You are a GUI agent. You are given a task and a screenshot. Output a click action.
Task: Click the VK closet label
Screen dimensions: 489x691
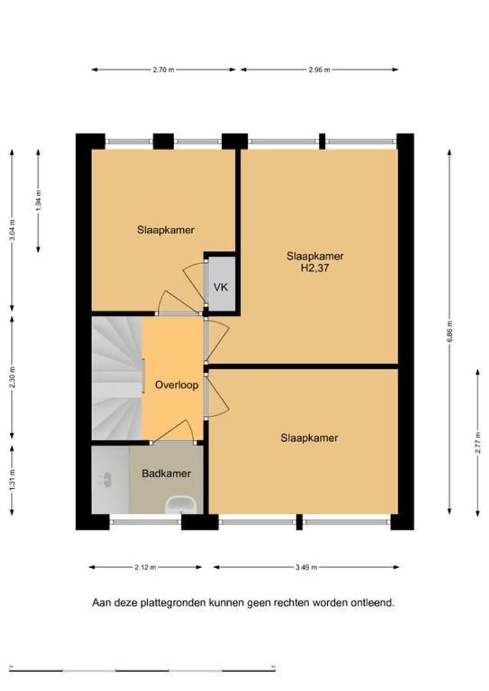[x=220, y=287]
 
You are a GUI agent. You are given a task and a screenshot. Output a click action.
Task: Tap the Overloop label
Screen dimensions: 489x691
[x=177, y=385]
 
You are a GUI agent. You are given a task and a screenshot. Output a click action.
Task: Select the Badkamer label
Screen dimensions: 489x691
[x=166, y=473]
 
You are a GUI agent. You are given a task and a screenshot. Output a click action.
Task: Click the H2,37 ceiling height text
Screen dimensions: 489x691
[x=315, y=268]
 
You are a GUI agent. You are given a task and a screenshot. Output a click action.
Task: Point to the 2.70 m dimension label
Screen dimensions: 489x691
[x=164, y=70]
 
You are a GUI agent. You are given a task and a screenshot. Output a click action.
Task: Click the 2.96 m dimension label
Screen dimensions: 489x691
[x=319, y=70]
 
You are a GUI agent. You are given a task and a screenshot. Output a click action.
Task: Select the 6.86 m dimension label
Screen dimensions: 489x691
[x=449, y=331]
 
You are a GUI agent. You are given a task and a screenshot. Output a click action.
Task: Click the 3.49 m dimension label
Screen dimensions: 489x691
[x=306, y=568]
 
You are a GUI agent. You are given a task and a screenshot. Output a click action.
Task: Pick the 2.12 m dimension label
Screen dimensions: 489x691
[x=145, y=568]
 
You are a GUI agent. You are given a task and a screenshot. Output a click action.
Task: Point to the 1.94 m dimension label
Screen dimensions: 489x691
[x=38, y=200]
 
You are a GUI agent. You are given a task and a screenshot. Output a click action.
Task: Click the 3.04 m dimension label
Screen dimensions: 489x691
[x=12, y=230]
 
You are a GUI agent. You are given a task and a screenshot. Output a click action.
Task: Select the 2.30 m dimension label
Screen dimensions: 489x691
[x=12, y=377]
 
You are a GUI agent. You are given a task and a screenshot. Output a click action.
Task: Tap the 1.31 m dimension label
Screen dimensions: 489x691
[x=12, y=479]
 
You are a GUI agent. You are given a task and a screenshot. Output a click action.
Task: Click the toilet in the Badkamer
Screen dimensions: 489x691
[x=105, y=479]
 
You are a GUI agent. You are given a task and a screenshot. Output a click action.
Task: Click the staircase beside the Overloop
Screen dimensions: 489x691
[x=117, y=378]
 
